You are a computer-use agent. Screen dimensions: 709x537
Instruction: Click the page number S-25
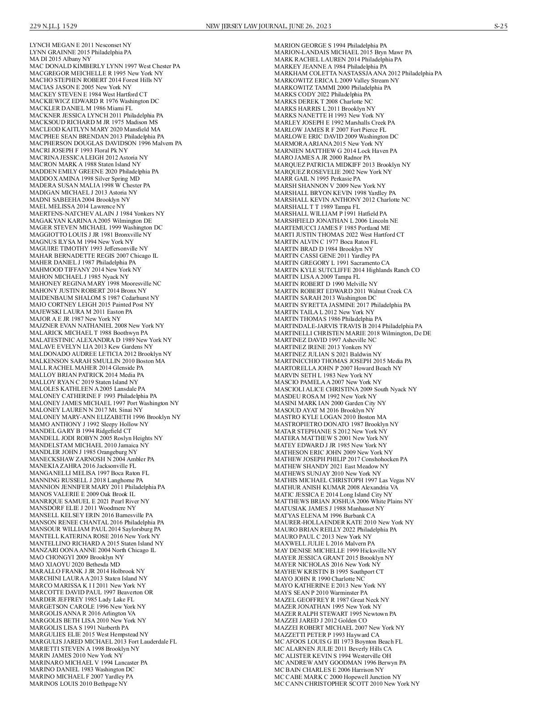click(x=501, y=26)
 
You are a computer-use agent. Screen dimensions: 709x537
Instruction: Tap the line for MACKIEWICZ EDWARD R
click(x=94, y=101)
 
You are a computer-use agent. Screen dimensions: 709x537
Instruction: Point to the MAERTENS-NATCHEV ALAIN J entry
click(x=97, y=213)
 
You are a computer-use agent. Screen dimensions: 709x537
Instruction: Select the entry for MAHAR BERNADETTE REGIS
click(x=94, y=255)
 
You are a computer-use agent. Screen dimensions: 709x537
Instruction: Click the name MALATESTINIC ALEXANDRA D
click(x=100, y=340)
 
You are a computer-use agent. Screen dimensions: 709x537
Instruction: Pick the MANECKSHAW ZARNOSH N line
click(x=92, y=459)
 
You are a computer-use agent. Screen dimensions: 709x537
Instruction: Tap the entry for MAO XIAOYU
click(x=74, y=564)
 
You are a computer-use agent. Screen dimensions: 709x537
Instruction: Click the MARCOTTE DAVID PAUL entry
click(x=91, y=592)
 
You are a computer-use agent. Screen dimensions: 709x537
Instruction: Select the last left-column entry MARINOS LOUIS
click(x=78, y=683)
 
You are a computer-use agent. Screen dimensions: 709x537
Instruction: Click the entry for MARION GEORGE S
click(x=330, y=45)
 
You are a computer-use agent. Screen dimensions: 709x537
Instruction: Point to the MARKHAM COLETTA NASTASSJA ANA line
click(x=358, y=73)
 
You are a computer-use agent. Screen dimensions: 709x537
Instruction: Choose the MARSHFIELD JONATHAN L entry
click(x=336, y=220)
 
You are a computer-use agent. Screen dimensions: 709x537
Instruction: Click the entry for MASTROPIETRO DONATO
click(x=336, y=424)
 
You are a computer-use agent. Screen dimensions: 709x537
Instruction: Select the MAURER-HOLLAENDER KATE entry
click(x=344, y=522)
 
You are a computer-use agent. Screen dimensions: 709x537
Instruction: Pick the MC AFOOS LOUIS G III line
click(x=338, y=641)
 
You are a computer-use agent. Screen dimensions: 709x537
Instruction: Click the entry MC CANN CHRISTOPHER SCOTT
click(x=347, y=683)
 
